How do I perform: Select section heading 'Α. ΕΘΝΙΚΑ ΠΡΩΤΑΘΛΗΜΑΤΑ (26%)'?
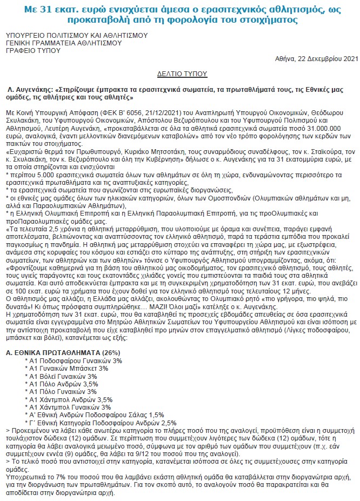[x=63, y=353]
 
